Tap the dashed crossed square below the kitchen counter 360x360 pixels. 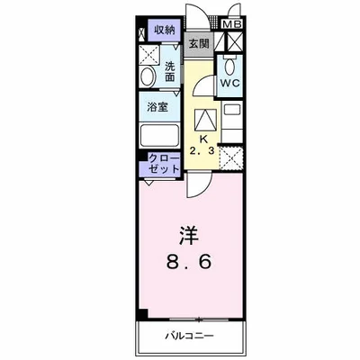(x=231, y=159)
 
